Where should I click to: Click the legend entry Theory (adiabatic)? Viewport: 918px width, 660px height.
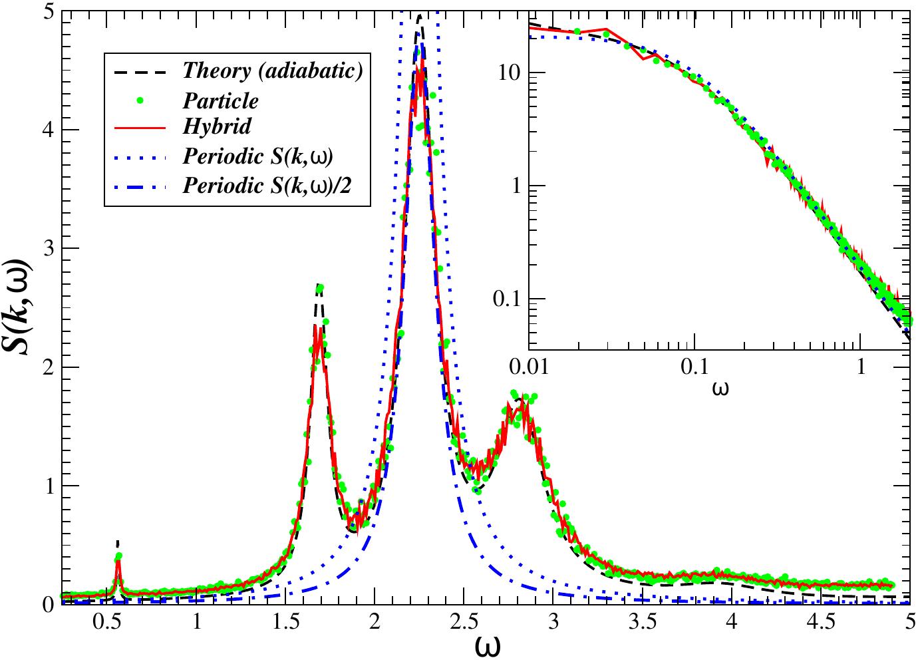point(273,71)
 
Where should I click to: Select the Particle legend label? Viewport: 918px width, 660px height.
point(220,101)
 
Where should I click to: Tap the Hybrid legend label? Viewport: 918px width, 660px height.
point(217,126)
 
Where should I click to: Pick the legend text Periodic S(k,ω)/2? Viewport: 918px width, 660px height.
point(267,186)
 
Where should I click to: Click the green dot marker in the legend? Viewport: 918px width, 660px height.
point(140,101)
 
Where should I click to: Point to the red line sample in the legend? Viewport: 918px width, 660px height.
point(140,128)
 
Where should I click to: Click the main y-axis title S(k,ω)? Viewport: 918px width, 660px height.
point(18,307)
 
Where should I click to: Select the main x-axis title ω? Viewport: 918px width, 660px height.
point(488,645)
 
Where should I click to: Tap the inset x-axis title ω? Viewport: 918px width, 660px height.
point(720,387)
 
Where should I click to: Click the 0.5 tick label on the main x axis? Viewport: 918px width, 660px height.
point(107,621)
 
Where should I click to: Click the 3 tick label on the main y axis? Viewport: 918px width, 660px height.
point(49,249)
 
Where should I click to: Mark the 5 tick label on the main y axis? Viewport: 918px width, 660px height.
point(49,11)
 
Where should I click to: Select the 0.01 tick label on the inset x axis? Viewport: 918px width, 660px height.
point(529,367)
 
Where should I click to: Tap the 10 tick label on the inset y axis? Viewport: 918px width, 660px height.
point(510,73)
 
